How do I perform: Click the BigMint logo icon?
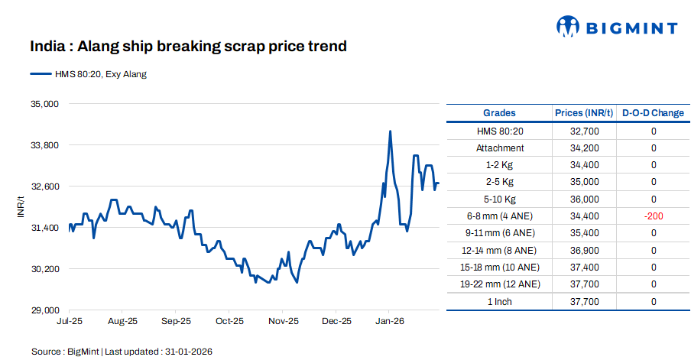[x=568, y=27]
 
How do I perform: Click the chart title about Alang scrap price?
[x=189, y=47]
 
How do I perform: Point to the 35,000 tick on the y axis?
[x=43, y=104]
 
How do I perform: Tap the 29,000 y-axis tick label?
[x=43, y=310]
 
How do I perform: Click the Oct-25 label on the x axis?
[x=229, y=322]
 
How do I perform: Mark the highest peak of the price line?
[x=391, y=131]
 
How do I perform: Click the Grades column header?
[x=499, y=113]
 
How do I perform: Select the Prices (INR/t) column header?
[x=584, y=113]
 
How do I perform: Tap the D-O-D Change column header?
[x=653, y=113]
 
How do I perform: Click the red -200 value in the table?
[x=654, y=216]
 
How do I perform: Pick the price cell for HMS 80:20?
[x=584, y=131]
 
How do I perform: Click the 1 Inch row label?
[x=500, y=302]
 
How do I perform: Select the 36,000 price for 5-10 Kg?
[x=584, y=199]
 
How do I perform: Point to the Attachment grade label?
[x=500, y=148]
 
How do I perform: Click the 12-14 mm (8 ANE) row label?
[x=500, y=251]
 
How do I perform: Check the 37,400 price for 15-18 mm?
[x=584, y=268]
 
